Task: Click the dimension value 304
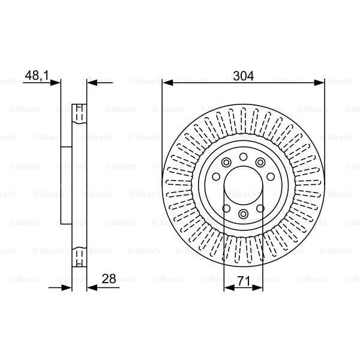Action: tap(244, 76)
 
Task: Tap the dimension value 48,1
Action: tap(35, 76)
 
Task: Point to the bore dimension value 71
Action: tap(244, 280)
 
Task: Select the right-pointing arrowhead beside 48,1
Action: tap(56, 82)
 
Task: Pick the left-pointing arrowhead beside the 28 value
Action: tap(92, 288)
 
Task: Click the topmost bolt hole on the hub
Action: tap(244, 157)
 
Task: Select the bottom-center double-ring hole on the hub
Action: tap(244, 214)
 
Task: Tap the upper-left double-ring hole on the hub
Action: tap(227, 162)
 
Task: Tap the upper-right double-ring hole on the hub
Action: tap(260, 162)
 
